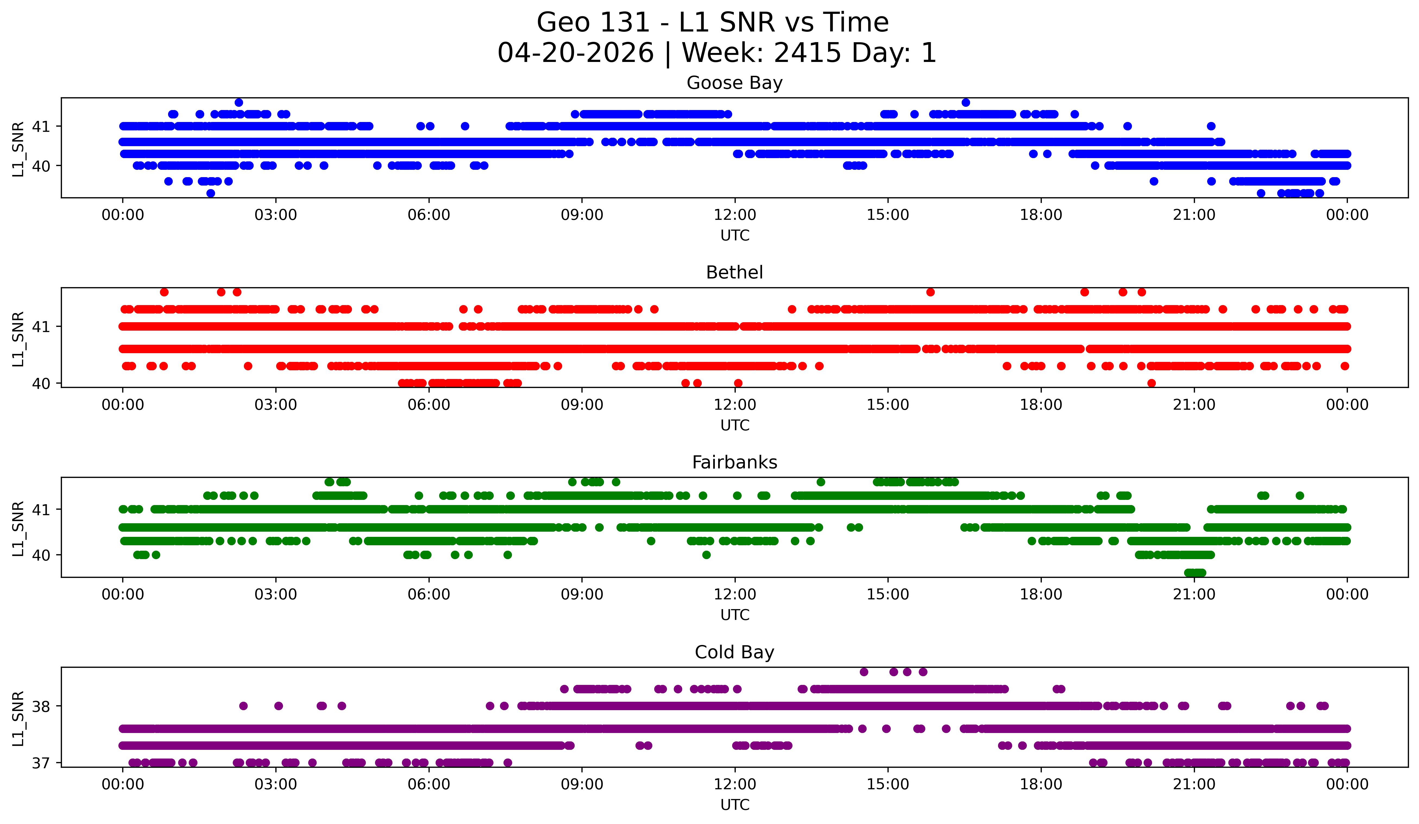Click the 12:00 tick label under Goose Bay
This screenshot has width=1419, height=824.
pyautogui.click(x=735, y=215)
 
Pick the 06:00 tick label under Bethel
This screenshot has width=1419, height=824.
pyautogui.click(x=429, y=405)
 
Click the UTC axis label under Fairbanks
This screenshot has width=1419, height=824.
pyautogui.click(x=735, y=615)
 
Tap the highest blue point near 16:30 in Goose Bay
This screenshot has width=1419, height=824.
pyautogui.click(x=966, y=102)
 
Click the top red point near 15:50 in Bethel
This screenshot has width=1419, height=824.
pyautogui.click(x=930, y=292)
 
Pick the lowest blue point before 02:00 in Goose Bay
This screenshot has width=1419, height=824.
pyautogui.click(x=210, y=193)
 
